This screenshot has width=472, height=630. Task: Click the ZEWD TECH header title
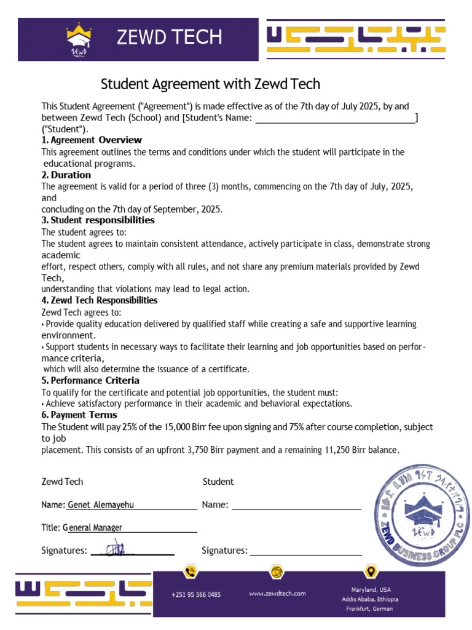(169, 38)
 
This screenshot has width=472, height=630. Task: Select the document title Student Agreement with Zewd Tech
(210, 84)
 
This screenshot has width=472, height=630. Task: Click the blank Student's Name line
(335, 118)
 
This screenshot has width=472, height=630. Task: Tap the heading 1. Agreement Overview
(92, 140)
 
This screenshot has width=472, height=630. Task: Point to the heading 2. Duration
(66, 175)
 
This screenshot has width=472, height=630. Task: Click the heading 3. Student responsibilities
(98, 220)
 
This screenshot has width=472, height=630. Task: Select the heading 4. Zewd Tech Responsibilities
(99, 300)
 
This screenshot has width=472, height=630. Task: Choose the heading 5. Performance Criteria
(90, 380)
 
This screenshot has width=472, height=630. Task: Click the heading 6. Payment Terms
(79, 415)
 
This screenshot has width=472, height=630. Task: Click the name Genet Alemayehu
(101, 505)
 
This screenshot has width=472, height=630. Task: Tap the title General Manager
(95, 528)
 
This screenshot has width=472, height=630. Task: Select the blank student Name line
(296, 506)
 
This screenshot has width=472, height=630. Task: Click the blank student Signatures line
(305, 551)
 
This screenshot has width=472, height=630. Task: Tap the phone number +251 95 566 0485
(195, 595)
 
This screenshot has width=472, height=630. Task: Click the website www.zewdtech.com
(277, 594)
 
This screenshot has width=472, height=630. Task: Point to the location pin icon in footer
(371, 573)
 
